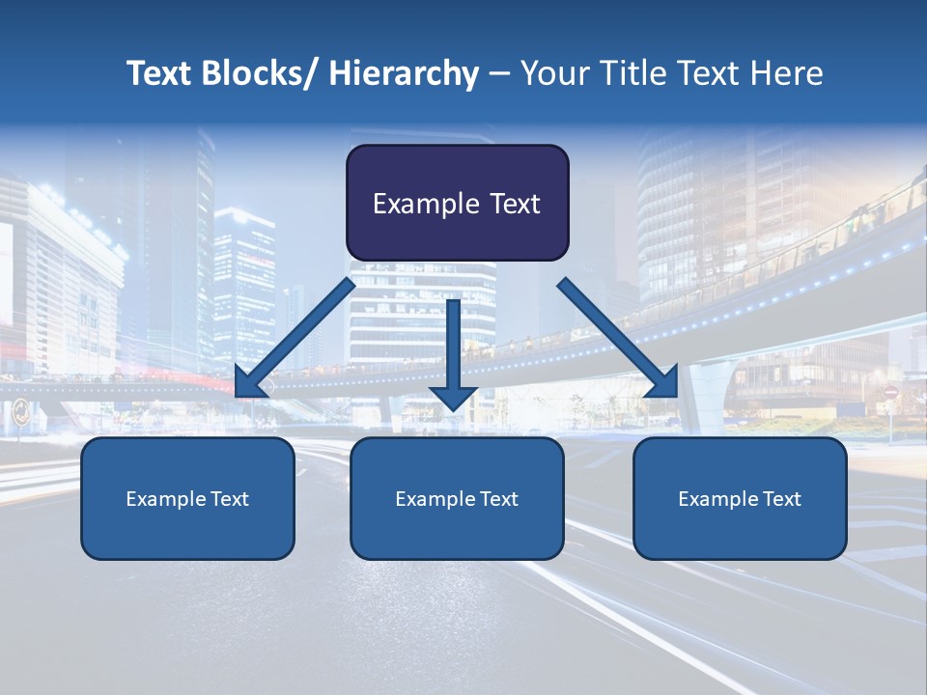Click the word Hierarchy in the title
pyautogui.click(x=404, y=73)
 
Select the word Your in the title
pyautogui.click(x=551, y=73)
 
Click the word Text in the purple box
pyautogui.click(x=513, y=205)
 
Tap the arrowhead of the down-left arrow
pyautogui.click(x=249, y=383)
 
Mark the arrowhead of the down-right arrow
pyautogui.click(x=662, y=382)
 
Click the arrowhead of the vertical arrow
pyautogui.click(x=453, y=397)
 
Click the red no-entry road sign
pyautogui.click(x=890, y=393)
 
